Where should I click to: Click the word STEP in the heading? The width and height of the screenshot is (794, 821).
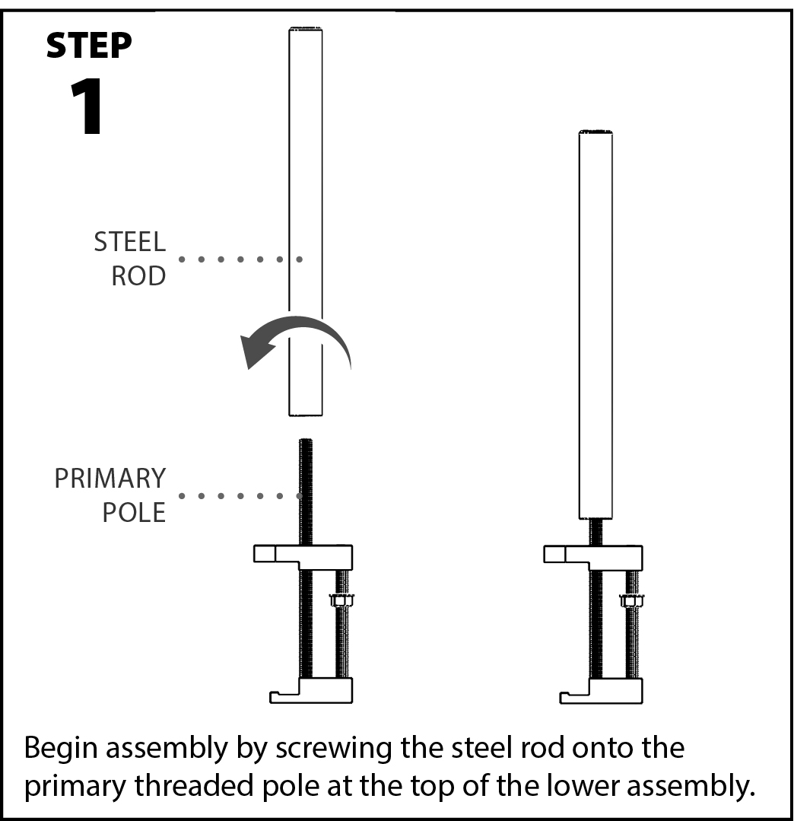pos(88,46)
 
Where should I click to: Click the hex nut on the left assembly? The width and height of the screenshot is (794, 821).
pos(341,600)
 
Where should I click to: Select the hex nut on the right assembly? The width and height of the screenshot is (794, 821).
pos(631,600)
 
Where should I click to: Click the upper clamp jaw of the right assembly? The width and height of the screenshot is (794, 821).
pos(594,556)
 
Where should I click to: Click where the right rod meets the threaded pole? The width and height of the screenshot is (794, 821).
pos(595,519)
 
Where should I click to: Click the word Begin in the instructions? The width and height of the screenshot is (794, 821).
pos(62,749)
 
